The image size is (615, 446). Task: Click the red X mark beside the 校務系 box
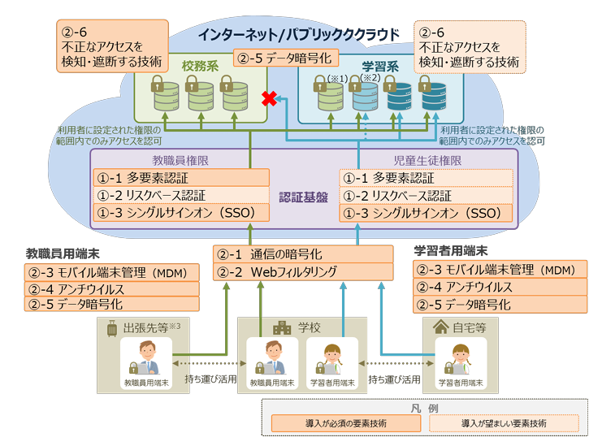coord(266,98)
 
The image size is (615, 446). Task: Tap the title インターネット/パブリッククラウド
coord(299,34)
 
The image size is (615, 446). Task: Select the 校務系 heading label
coord(200,66)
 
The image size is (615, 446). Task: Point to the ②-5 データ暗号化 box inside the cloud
coord(284,58)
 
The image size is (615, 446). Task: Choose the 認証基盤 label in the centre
coord(303,197)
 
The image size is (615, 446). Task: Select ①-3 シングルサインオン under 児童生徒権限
coord(426,214)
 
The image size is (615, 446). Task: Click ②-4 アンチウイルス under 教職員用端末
coord(112,288)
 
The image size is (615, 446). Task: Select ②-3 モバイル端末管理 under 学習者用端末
coord(500,271)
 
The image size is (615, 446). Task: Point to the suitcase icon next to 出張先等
coord(110,329)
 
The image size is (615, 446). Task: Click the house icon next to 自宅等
coord(441,327)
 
